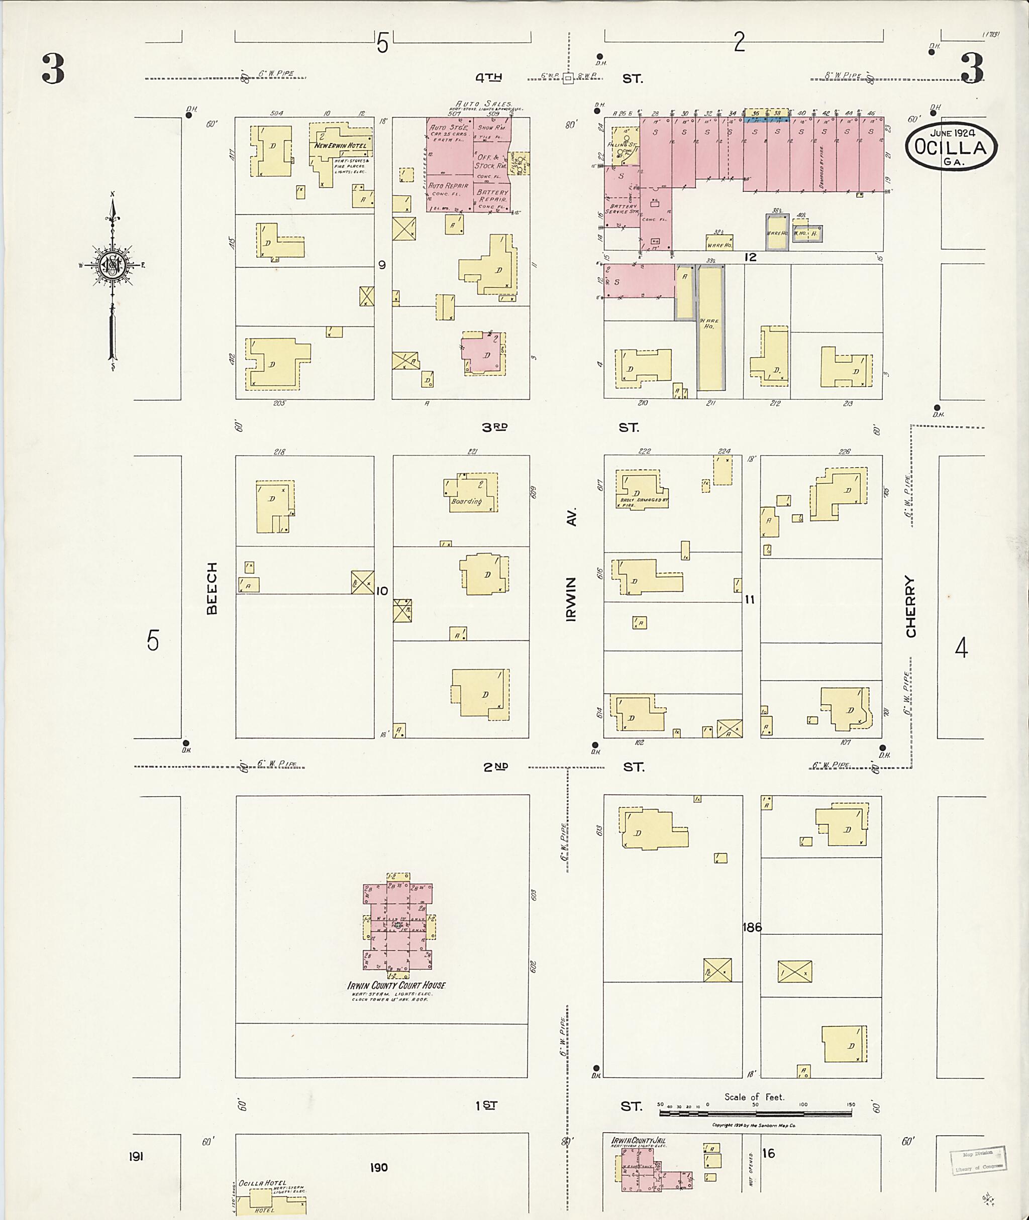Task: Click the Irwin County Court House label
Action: (x=396, y=985)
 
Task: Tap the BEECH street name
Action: (x=211, y=588)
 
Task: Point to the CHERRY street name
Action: (x=910, y=607)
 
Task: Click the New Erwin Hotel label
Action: (x=341, y=146)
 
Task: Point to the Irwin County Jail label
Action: (x=638, y=1140)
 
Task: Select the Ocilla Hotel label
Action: (x=262, y=1183)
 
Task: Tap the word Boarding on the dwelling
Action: (x=467, y=501)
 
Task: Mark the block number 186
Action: (x=752, y=927)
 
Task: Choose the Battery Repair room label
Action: (x=492, y=195)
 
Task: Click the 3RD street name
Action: (x=495, y=427)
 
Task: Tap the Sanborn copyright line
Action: (x=753, y=1125)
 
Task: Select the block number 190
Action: (x=378, y=1167)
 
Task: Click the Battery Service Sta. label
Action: (x=622, y=209)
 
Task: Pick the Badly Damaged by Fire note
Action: (x=641, y=502)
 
